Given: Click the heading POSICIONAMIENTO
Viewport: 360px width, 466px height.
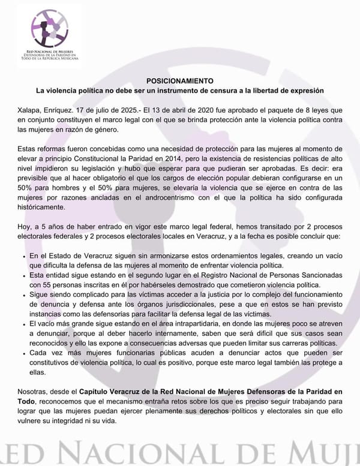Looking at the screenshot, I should pyautogui.click(x=180, y=80).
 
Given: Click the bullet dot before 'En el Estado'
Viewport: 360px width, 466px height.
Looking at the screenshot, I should pyautogui.click(x=23, y=257).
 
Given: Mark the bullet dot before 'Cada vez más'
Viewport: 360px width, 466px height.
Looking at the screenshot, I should pyautogui.click(x=23, y=354).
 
